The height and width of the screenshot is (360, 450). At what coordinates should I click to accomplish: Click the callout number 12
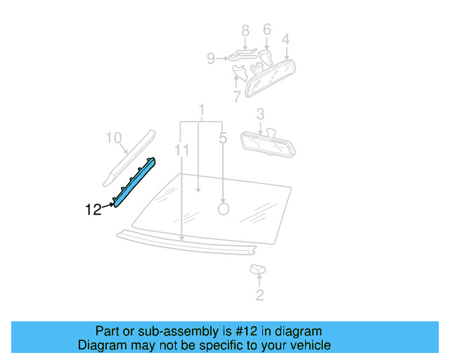94,209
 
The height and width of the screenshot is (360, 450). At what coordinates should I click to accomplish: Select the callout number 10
114,138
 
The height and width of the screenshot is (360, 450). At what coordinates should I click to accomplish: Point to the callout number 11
182,150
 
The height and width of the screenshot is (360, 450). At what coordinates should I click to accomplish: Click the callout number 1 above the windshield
202,110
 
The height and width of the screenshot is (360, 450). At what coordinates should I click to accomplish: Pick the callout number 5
223,139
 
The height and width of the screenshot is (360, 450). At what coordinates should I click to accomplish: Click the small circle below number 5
224,208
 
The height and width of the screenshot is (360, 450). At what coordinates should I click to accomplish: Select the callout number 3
260,113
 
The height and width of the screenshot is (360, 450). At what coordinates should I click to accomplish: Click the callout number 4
286,39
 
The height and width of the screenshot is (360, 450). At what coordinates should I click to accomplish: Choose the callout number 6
267,30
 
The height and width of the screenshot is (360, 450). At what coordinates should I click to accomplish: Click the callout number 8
245,30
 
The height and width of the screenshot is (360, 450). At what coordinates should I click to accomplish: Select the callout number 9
211,59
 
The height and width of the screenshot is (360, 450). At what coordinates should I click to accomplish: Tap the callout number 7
237,95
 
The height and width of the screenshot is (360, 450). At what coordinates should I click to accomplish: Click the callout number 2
259,295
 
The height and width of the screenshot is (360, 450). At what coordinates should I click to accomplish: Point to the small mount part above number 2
257,270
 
